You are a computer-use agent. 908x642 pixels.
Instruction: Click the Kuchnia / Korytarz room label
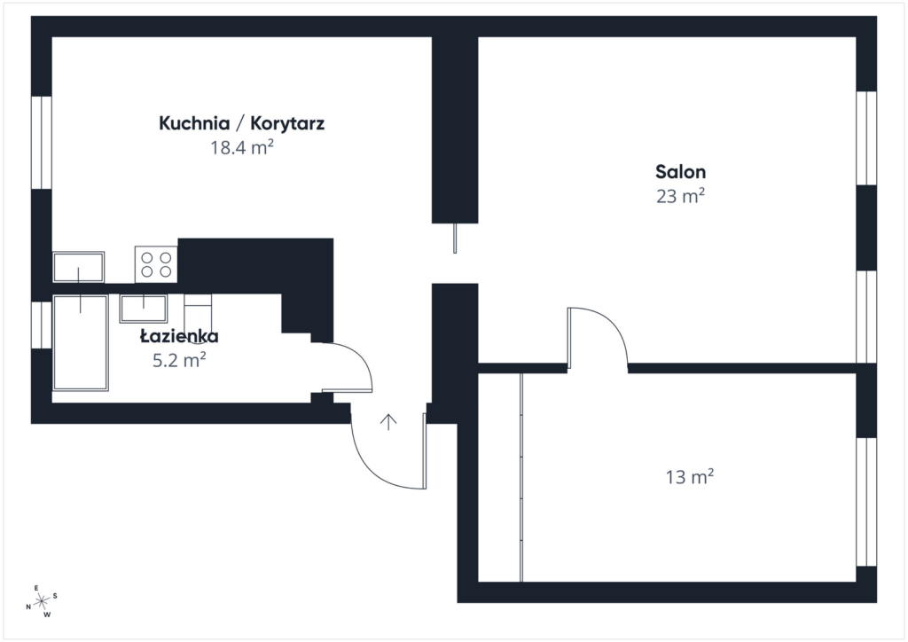241,123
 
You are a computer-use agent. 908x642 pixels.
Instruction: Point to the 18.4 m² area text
241,148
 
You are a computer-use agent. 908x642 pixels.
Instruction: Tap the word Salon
680,172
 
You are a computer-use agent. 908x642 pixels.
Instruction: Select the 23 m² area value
680,196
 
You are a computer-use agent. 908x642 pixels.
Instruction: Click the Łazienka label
179,336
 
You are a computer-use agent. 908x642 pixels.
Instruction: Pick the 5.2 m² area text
180,359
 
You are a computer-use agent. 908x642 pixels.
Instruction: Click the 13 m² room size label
690,478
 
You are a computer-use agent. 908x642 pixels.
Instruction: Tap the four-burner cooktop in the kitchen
156,263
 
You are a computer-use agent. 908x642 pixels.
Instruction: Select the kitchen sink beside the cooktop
78,267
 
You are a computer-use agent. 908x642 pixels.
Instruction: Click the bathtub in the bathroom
80,343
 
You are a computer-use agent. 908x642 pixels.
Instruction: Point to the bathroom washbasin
144,308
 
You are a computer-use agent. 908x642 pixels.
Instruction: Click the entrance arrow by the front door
387,421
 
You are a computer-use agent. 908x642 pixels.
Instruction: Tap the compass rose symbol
41,601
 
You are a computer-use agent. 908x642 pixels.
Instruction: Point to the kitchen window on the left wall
42,142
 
